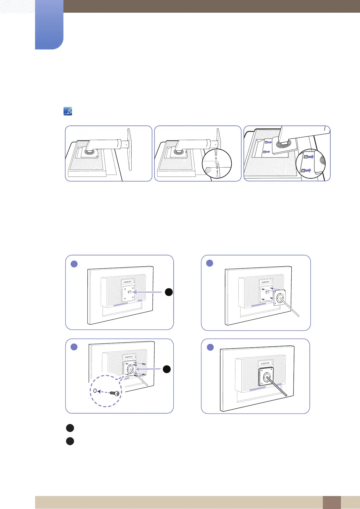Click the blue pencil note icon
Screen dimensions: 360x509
(68, 112)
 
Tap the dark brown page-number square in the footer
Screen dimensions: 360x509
(332, 502)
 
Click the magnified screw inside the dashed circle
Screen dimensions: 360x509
(114, 393)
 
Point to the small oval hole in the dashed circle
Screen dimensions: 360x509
(95, 391)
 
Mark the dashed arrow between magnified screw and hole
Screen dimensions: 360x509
(104, 392)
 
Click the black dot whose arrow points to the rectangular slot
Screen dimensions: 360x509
(169, 292)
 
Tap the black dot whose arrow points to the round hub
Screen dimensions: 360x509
(167, 369)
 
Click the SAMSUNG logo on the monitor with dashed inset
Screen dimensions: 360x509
(129, 358)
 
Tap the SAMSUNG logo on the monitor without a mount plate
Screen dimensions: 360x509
(128, 282)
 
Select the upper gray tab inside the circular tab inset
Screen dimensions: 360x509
(306, 157)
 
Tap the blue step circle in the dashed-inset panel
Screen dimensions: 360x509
(74, 347)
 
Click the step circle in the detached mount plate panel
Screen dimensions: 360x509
(210, 263)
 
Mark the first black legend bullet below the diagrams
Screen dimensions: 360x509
(70, 428)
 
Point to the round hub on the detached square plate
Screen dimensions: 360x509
(280, 298)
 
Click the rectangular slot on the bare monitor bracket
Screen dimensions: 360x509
(129, 292)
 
